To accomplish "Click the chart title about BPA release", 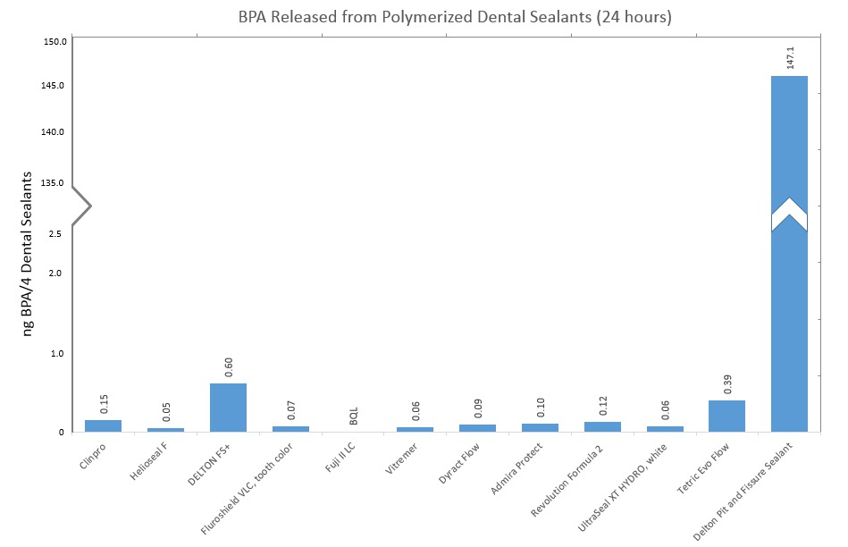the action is tap(455, 17).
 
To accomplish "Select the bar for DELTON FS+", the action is tap(228, 408).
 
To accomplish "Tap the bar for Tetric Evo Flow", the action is tap(726, 417).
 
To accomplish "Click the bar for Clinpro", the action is tap(104, 425).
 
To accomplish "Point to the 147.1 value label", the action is tap(790, 57).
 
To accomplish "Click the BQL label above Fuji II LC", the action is tap(354, 417).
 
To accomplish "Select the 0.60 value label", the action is tap(228, 366).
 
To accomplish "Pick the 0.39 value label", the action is tap(727, 384).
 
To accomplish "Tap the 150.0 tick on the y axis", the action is tap(55, 42).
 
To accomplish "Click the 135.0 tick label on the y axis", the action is tap(53, 183).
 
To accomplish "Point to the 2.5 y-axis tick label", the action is tap(55, 234).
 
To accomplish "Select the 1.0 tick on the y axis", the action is tap(57, 353).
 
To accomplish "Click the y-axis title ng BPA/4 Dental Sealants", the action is tap(28, 255).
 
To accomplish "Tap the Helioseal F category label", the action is tap(148, 462).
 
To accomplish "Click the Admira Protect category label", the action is tap(516, 468).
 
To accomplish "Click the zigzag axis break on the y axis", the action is tap(81, 206).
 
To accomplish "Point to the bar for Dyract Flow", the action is tap(477, 428).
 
